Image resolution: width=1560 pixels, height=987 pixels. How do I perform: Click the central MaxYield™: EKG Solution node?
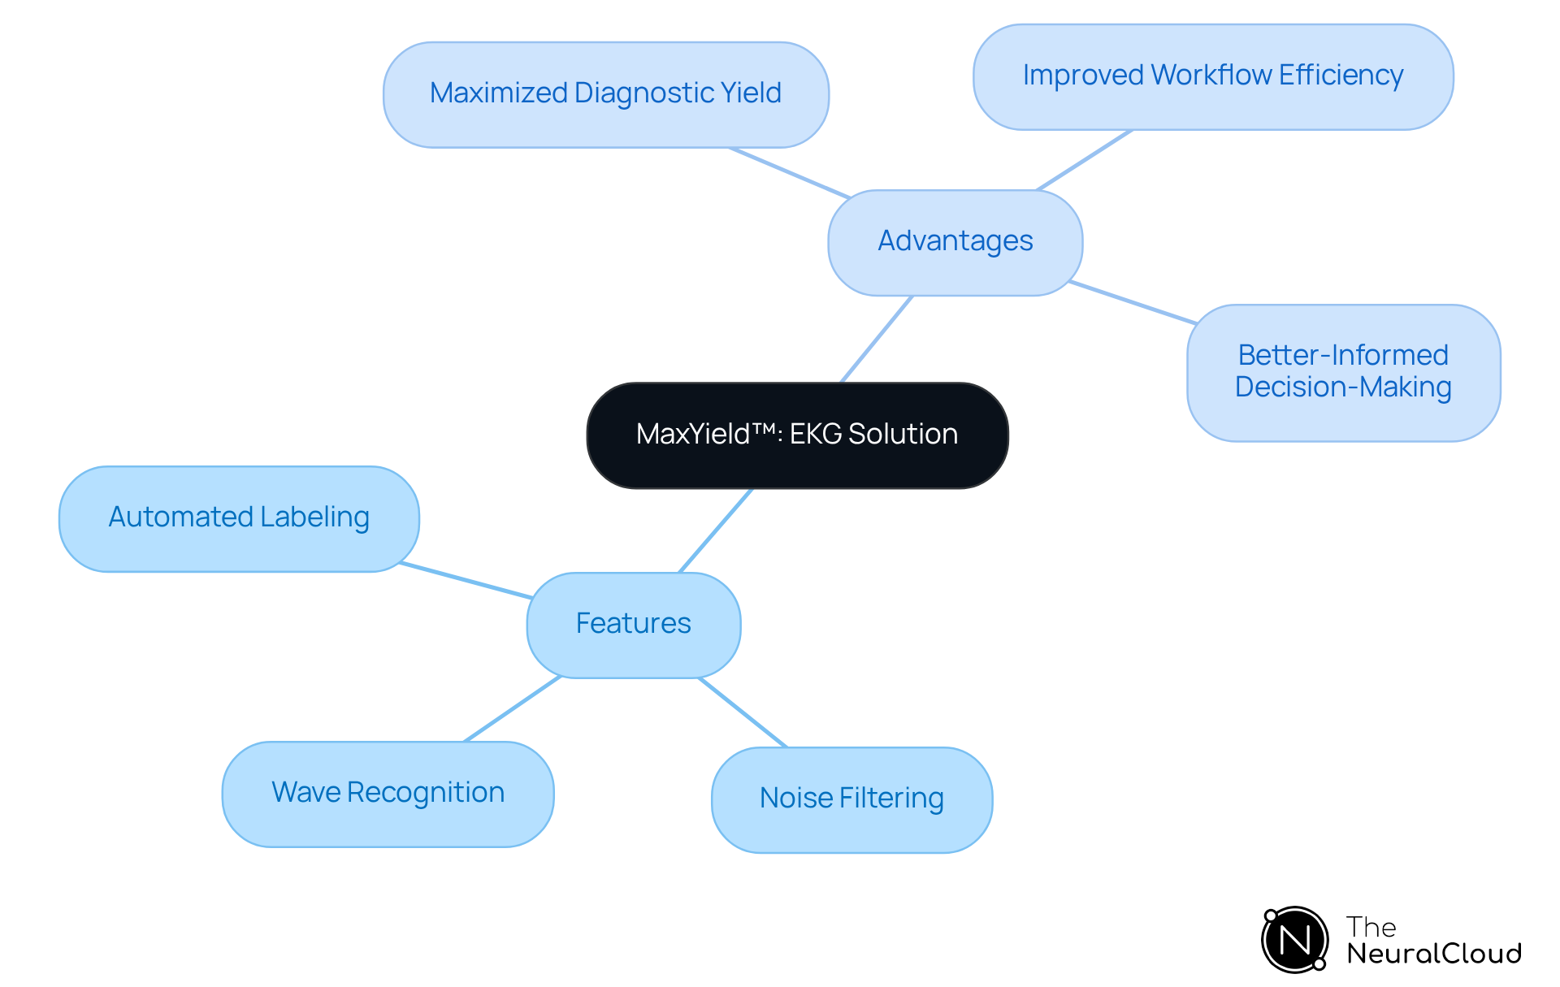click(797, 435)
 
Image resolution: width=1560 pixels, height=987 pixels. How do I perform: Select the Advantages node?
click(955, 242)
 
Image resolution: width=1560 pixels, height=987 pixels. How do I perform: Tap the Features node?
click(633, 624)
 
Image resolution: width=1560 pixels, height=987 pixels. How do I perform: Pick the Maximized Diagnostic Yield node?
click(605, 94)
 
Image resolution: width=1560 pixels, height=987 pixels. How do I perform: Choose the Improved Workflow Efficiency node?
click(1212, 76)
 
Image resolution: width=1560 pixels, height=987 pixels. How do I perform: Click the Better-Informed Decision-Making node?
click(1342, 372)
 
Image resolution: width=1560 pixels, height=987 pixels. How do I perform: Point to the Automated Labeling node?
click(239, 518)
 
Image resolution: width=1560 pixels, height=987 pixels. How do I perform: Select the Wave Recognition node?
click(388, 793)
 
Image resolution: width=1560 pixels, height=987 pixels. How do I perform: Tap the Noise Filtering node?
click(851, 799)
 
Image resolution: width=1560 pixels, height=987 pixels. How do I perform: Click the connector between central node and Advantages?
click(877, 339)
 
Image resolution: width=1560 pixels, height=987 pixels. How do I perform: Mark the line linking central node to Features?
click(716, 530)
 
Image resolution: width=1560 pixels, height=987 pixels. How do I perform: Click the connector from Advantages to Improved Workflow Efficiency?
click(1084, 160)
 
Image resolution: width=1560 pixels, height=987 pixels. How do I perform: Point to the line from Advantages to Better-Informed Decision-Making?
click(1132, 302)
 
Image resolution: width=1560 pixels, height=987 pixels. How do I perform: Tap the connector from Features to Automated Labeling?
click(466, 580)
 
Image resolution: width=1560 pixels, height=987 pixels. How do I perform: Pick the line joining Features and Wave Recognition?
click(512, 708)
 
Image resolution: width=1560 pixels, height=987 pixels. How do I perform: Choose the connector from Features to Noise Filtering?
click(743, 712)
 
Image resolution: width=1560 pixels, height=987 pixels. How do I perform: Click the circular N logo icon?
click(1294, 940)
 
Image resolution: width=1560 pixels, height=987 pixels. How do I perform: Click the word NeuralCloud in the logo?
click(1433, 953)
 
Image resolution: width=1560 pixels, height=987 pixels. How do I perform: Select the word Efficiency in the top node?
click(1341, 76)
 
